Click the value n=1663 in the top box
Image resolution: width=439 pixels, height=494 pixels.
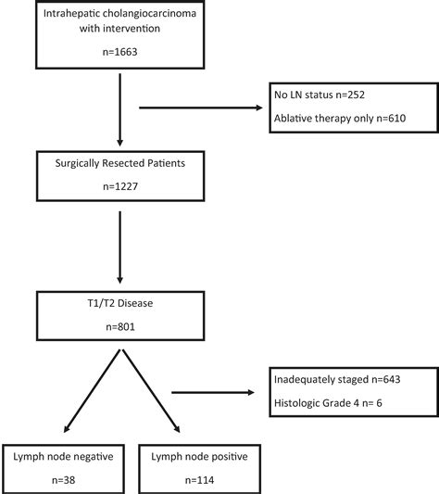coord(119,55)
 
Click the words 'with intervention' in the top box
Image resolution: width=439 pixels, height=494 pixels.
coord(119,29)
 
